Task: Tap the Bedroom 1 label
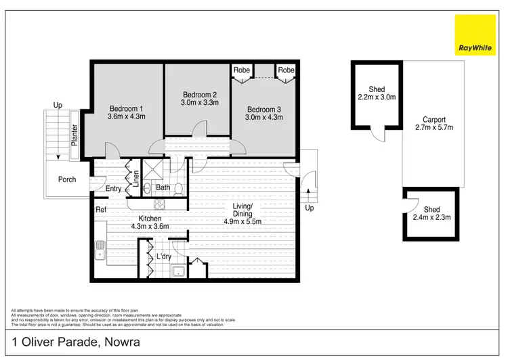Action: [127, 108]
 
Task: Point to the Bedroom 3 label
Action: [263, 110]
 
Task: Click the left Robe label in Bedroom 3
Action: [242, 70]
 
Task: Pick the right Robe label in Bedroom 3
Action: [286, 70]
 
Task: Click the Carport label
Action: [433, 119]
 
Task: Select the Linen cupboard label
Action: [135, 178]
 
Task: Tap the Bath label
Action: [163, 187]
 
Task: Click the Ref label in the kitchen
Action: [101, 210]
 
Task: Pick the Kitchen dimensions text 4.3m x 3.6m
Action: [150, 227]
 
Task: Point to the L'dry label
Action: [163, 257]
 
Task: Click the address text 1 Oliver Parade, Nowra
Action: [75, 343]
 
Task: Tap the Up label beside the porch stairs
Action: [58, 106]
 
